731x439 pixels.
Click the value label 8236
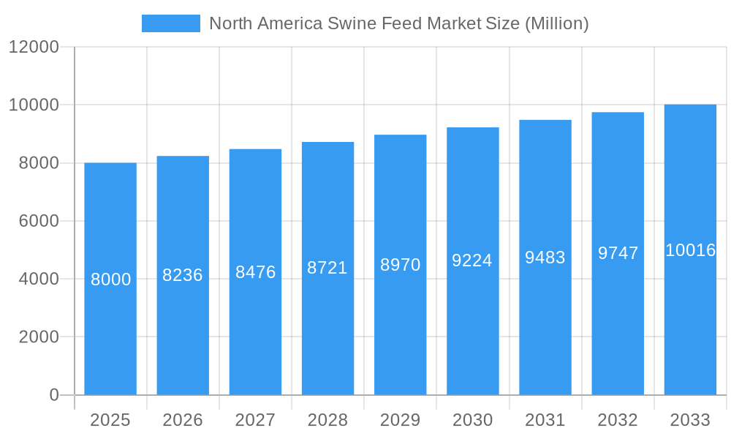tap(183, 275)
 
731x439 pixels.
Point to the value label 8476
tap(255, 272)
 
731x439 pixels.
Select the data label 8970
tap(400, 265)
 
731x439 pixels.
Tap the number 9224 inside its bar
tap(472, 260)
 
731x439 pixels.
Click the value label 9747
tap(618, 253)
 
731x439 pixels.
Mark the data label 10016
tap(690, 250)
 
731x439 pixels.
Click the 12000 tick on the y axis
tap(34, 47)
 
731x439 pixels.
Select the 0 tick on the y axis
tap(54, 395)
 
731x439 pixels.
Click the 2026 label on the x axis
tap(183, 420)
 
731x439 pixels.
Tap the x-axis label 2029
tap(400, 420)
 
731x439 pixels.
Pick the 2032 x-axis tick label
tap(618, 420)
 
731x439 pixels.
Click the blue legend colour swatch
tap(171, 23)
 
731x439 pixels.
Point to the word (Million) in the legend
tap(556, 23)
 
